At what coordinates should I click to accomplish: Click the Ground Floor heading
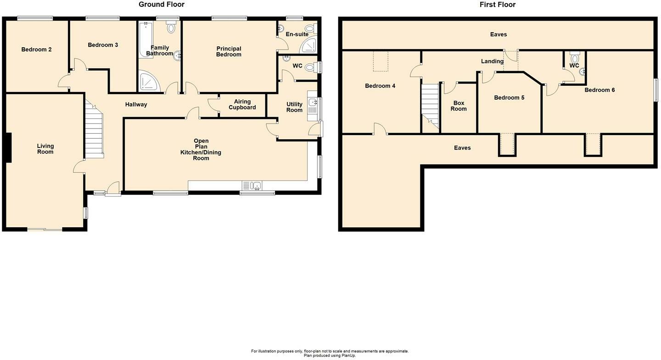(162, 5)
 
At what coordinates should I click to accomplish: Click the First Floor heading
(498, 5)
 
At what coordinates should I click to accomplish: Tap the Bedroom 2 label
(36, 50)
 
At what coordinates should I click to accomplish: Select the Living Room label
(45, 149)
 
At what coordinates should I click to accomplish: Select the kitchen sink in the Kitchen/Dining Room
(252, 186)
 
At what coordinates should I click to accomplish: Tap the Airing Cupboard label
(242, 104)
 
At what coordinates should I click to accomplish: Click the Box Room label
(459, 106)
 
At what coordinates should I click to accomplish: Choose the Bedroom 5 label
(509, 98)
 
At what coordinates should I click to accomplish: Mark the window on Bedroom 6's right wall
(656, 90)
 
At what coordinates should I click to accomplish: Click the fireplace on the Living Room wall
(9, 147)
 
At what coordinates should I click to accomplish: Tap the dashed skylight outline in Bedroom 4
(381, 62)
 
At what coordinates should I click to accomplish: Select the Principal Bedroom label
(229, 51)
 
